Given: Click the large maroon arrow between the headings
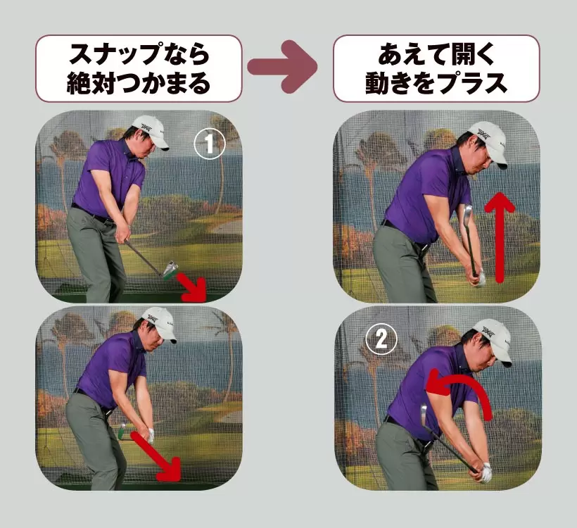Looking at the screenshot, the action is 283,67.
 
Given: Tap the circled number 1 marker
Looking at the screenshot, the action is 210,144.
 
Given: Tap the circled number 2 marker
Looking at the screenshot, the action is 381,339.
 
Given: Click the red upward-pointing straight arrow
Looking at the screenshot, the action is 500,237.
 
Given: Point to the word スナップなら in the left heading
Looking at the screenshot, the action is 139,54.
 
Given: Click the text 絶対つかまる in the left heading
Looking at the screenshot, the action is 139,82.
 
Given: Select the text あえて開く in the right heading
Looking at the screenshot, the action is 436,54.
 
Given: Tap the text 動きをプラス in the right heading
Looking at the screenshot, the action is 436,82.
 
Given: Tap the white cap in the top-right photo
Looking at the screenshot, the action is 488,143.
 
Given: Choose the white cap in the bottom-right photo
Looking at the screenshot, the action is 493,340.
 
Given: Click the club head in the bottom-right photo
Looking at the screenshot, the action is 424,415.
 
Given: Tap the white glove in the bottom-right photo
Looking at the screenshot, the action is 486,472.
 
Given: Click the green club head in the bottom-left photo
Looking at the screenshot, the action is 122,432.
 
